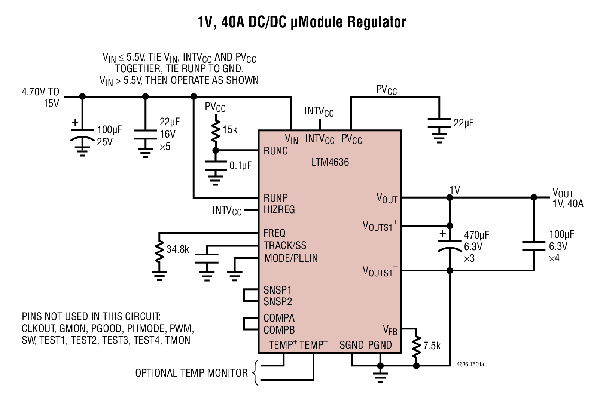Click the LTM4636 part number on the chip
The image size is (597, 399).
coord(330,162)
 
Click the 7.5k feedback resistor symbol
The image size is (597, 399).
coord(416,347)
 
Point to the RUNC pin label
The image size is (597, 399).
coord(275,151)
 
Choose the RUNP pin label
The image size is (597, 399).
coord(275,198)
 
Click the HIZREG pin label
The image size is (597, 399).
coord(279,209)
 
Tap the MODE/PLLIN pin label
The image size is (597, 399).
coord(291,258)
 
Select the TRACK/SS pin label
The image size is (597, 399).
coord(285,245)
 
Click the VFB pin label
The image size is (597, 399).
coord(390,330)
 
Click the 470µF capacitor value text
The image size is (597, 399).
coord(476,235)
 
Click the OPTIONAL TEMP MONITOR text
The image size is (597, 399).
coord(191,373)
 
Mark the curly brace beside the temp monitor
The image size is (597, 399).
coord(255,373)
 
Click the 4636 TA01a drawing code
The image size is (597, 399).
coord(470,365)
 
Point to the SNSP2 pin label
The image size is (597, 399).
coord(277,301)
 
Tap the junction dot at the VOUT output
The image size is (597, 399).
coord(534,197)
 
